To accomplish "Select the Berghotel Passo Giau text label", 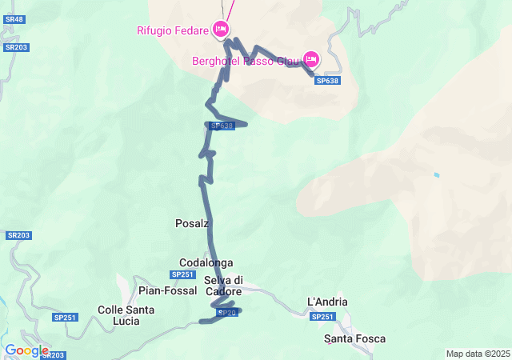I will [x=245, y=61].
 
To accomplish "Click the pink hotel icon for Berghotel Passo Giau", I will [x=310, y=59].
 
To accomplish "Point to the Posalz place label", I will [x=192, y=224].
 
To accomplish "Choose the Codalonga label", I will [x=206, y=262].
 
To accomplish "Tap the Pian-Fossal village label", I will [x=167, y=290].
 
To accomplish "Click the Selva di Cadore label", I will [x=223, y=286].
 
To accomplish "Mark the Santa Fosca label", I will [x=354, y=339].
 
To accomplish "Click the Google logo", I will [x=26, y=350].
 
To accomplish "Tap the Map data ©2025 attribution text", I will [x=478, y=354].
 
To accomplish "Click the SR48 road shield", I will [x=15, y=18].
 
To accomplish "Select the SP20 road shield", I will [x=228, y=312].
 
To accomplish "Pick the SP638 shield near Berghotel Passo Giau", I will [x=327, y=81].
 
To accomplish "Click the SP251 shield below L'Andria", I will [x=322, y=317].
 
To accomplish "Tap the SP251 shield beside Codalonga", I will [x=182, y=275].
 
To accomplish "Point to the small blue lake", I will [x=436, y=175].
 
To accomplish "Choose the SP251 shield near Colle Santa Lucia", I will [x=66, y=318].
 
